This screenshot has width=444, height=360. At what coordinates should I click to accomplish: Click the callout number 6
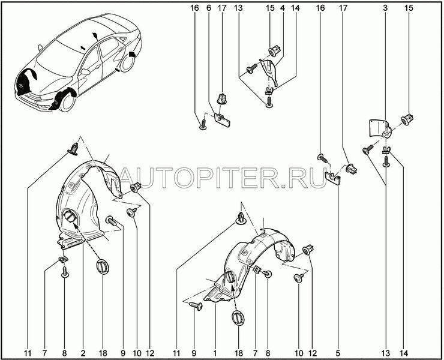[209, 8]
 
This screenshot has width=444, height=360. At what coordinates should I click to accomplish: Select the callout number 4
[283, 8]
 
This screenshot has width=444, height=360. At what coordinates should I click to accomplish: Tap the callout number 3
[385, 8]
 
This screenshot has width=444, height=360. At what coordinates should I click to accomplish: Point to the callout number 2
[83, 353]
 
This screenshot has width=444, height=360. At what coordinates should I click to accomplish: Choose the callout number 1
[215, 353]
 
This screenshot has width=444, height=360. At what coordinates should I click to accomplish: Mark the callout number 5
[338, 353]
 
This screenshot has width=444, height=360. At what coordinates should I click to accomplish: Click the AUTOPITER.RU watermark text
[224, 178]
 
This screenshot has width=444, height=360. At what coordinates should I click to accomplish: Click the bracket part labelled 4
[269, 71]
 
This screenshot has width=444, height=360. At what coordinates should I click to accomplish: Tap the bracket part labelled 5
[333, 178]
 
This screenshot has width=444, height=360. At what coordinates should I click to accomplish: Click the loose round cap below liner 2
[102, 267]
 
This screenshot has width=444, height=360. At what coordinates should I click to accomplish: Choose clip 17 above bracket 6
[222, 98]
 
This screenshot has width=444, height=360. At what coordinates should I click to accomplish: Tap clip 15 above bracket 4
[274, 51]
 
